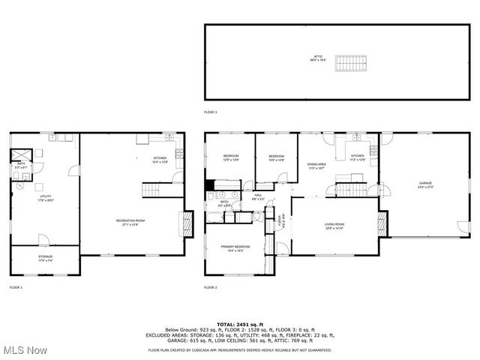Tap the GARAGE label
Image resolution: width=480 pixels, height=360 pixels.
(x=426, y=184)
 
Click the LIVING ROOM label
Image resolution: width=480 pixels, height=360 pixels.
(x=334, y=226)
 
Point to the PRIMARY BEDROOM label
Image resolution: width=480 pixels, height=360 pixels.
(x=235, y=248)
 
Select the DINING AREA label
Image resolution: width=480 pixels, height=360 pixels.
(x=316, y=166)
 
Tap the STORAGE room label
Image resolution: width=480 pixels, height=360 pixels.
(x=46, y=259)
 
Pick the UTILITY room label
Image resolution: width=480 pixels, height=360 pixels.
(x=46, y=199)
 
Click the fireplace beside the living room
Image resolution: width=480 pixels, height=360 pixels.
(x=382, y=222)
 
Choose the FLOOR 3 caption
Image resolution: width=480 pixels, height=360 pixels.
(x=211, y=112)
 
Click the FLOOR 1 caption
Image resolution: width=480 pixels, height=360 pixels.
(x=16, y=287)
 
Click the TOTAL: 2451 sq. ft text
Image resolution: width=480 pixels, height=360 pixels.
(x=240, y=323)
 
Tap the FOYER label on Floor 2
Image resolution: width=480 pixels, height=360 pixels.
(x=282, y=221)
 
